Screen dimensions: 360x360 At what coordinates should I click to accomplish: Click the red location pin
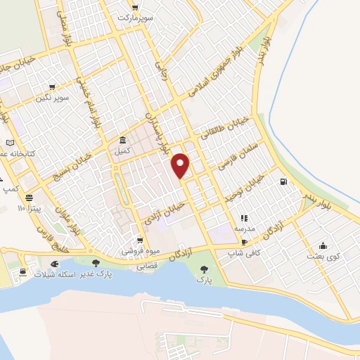pos(181,165)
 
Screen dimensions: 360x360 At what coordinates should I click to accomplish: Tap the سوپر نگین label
pos(54,97)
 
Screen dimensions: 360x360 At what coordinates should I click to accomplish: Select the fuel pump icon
pos(283,182)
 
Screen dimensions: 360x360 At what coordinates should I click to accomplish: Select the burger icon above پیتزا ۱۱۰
pos(29,198)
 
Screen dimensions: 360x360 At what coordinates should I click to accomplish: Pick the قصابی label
pos(146,266)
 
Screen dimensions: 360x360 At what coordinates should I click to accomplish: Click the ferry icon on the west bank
pos(25,271)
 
